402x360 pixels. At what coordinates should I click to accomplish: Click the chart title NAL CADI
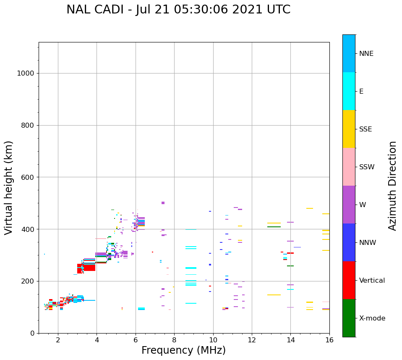[178, 10]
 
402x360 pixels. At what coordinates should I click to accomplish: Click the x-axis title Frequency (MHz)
[183, 350]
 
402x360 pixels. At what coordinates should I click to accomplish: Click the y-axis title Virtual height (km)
[9, 188]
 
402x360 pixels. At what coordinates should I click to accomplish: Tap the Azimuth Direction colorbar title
[392, 186]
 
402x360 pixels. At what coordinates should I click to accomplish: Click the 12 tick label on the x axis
[252, 340]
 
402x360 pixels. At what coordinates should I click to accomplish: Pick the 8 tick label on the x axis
[174, 340]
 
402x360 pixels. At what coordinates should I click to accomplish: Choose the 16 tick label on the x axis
[329, 340]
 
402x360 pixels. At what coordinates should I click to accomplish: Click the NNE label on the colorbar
[366, 54]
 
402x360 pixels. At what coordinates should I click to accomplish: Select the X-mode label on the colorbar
[372, 318]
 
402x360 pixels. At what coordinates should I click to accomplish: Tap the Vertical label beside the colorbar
[372, 281]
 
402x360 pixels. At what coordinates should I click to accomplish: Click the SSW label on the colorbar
[367, 167]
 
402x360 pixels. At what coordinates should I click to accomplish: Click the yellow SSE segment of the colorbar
[349, 129]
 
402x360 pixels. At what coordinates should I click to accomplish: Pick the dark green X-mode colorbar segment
[349, 318]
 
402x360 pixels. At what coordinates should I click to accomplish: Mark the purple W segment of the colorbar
[349, 205]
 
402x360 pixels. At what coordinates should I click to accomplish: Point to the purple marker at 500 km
[163, 203]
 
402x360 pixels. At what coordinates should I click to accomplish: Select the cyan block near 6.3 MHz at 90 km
[141, 309]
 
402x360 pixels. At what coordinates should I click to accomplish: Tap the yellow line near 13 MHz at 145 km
[274, 295]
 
